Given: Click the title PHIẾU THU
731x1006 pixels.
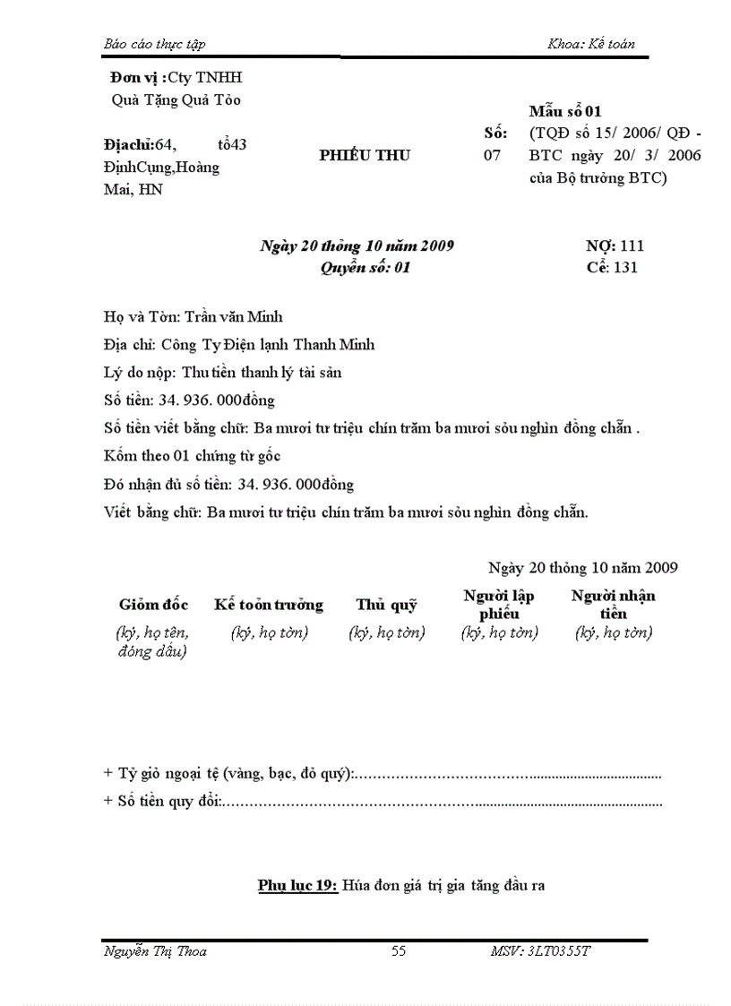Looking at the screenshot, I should tap(365, 155).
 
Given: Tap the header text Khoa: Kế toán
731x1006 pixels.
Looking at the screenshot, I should tap(590, 44).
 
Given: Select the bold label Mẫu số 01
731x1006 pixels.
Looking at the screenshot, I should tap(565, 111).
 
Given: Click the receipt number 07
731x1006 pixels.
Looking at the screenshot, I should tap(494, 155).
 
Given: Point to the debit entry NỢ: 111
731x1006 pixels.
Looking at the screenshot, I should tap(615, 245).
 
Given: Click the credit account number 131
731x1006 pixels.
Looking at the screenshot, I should tap(624, 267).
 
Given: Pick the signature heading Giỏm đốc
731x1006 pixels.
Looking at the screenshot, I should tap(153, 605).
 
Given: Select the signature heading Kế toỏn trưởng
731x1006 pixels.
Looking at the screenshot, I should tap(269, 605).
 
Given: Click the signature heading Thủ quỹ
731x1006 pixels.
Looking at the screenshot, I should tap(386, 605).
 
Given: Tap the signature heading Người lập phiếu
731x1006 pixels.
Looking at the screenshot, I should tap(499, 605).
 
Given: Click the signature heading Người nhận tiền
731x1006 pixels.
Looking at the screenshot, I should tap(614, 605).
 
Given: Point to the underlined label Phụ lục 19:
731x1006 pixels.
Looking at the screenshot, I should tap(297, 885).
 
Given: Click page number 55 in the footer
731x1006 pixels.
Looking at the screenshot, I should tap(399, 951).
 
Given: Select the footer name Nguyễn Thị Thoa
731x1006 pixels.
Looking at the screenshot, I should tap(155, 951).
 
